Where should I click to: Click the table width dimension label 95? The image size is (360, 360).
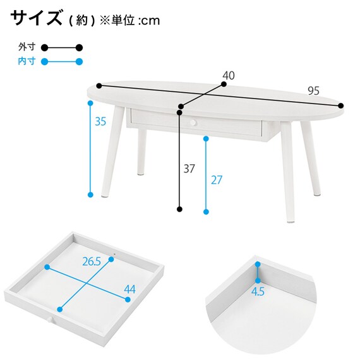pos(313,91)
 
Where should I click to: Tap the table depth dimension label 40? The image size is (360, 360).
pos(229,76)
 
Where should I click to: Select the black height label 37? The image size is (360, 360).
pos(189,169)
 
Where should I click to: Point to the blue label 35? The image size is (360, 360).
pos(100,121)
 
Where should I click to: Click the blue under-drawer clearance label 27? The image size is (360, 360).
pos(217,180)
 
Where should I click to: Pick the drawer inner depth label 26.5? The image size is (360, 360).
pos(92,261)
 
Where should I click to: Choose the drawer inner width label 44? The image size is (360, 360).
pos(129,289)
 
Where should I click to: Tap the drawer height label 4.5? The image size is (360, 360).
pos(258,292)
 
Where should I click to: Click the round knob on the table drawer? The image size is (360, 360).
pos(193,123)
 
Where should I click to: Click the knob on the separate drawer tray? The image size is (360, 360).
pos(51,320)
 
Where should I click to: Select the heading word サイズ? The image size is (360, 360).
pos(37,18)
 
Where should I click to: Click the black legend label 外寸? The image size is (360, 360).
pos(27,47)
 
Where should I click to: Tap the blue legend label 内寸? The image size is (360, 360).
pos(27,61)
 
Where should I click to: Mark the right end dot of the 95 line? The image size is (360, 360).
pos(341,105)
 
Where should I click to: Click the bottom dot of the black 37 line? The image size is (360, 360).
pos(180,209)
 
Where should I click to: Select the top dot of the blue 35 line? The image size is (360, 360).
pos(90,103)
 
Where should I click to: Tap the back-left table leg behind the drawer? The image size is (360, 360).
pos(141,152)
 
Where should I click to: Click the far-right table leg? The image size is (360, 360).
pos(310,159)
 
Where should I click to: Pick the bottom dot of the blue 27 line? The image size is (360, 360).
pos(206,212)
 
